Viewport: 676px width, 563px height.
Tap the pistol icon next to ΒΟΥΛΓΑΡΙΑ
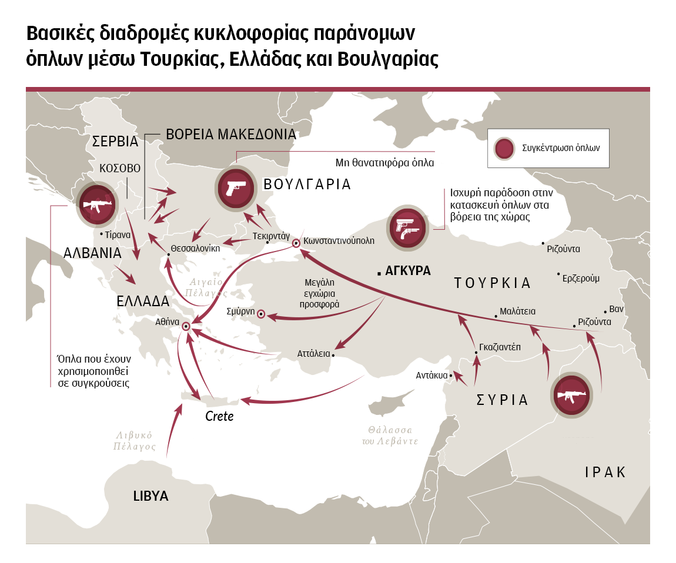pyautogui.click(x=235, y=188)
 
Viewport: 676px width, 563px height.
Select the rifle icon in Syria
pyautogui.click(x=571, y=396)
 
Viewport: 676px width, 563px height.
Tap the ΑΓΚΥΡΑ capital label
pyautogui.click(x=407, y=271)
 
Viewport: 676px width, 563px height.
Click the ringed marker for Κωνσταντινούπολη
pyautogui.click(x=296, y=242)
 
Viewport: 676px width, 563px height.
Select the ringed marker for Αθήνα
pyautogui.click(x=186, y=326)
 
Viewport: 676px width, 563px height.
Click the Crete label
pyautogui.click(x=219, y=416)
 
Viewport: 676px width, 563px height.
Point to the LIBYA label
pyautogui.click(x=150, y=495)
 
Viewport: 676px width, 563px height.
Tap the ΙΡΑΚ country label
pyautogui.click(x=605, y=472)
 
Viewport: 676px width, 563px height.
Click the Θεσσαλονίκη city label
pyautogui.click(x=195, y=247)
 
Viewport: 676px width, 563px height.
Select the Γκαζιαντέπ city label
pyautogui.click(x=500, y=347)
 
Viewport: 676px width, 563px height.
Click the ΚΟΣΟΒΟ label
pyautogui.click(x=120, y=168)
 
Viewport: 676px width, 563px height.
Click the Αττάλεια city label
pyautogui.click(x=313, y=354)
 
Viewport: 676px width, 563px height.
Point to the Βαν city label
pyautogui.click(x=616, y=309)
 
